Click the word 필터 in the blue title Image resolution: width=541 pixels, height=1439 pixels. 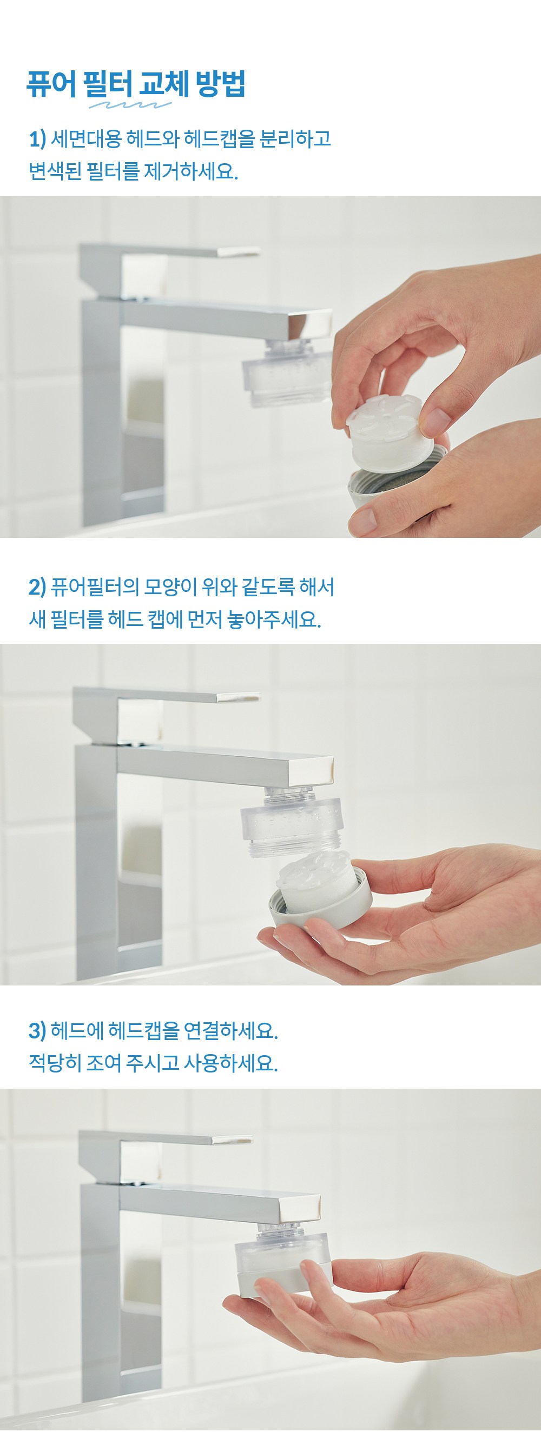click(x=108, y=84)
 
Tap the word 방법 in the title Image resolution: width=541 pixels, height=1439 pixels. click(x=220, y=84)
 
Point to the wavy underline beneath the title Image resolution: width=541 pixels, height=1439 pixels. click(x=130, y=105)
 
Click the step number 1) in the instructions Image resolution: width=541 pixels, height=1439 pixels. click(x=37, y=138)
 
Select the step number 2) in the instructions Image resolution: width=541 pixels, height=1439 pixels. click(x=37, y=587)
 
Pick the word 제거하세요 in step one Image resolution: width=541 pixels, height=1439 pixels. click(x=190, y=171)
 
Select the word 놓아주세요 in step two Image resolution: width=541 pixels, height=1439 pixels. click(x=274, y=619)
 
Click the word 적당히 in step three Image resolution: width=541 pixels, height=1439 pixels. click(x=55, y=1062)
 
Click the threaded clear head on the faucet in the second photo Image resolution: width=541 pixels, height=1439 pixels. click(x=291, y=821)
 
